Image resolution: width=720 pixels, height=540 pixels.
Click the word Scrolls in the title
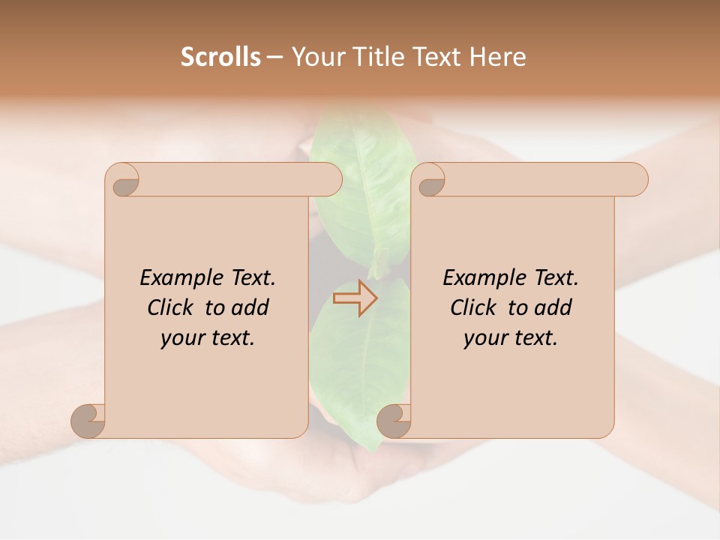coord(220,57)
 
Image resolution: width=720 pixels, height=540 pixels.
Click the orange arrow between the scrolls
coord(355,298)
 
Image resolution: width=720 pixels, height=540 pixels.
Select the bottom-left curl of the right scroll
coord(394,420)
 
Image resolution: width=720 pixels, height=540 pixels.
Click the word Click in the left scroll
coord(169,308)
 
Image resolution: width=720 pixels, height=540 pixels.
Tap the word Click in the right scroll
coord(472,308)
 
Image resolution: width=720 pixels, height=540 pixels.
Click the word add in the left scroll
coord(250,308)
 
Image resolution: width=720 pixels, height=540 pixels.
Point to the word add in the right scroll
coord(553,308)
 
